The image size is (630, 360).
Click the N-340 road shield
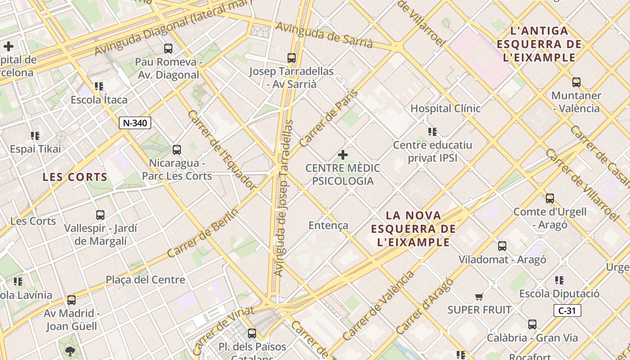[135, 123]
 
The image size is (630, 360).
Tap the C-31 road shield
[567, 310]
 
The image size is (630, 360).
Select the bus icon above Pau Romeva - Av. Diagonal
[168, 49]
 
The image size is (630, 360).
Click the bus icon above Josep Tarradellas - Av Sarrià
[292, 58]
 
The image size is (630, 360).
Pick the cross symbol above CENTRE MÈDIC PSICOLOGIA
[343, 155]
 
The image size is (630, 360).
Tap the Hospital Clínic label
[445, 108]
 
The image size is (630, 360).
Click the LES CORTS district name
[75, 177]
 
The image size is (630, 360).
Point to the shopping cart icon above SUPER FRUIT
[479, 297]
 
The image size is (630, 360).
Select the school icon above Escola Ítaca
[99, 86]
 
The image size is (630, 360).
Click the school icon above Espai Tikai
[35, 135]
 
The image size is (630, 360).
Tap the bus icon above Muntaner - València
[576, 82]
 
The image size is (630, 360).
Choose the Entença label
[328, 225]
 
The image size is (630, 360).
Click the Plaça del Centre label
[145, 280]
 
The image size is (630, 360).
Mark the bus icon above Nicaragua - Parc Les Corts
[177, 150]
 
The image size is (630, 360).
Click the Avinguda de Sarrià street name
[324, 35]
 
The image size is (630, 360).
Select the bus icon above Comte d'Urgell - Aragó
[549, 198]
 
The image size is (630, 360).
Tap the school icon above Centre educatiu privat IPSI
[432, 132]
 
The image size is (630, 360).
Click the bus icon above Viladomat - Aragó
[502, 246]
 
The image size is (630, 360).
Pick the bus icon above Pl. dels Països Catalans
[252, 333]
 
